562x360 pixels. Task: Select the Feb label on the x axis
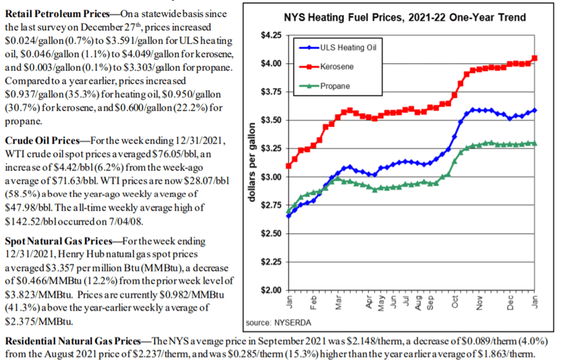(312, 303)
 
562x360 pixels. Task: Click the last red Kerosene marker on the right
(535, 58)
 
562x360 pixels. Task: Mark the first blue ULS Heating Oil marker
(288, 215)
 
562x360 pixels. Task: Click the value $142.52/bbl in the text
(27, 219)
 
